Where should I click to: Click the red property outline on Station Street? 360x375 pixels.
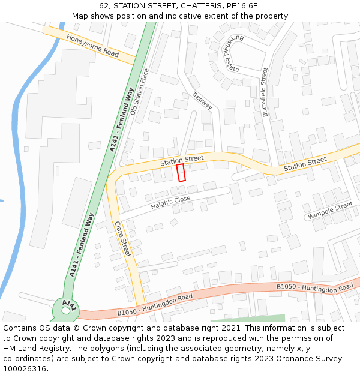tap(181, 173)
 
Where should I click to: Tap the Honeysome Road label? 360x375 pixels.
tap(92, 44)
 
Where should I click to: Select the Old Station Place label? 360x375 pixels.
tap(139, 91)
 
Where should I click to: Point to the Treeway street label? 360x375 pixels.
tap(202, 100)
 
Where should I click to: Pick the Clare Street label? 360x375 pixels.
tap(122, 239)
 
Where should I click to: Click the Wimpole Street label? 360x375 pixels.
tap(330, 211)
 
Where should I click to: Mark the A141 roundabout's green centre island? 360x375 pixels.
tap(65, 308)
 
